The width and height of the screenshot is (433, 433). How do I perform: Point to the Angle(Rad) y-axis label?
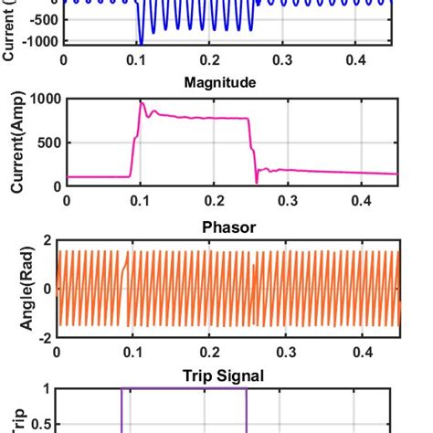pos(16,286)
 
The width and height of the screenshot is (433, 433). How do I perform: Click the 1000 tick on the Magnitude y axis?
pos(36,99)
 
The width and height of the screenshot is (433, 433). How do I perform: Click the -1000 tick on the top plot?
pos(33,42)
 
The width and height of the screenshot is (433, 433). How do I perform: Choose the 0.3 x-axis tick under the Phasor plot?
pos(287,350)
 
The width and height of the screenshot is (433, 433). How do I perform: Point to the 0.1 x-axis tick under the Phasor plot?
pos(135,350)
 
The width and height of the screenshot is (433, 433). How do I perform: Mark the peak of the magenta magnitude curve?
pos(142,102)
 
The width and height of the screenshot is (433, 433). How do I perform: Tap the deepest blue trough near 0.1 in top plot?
pos(141,42)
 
